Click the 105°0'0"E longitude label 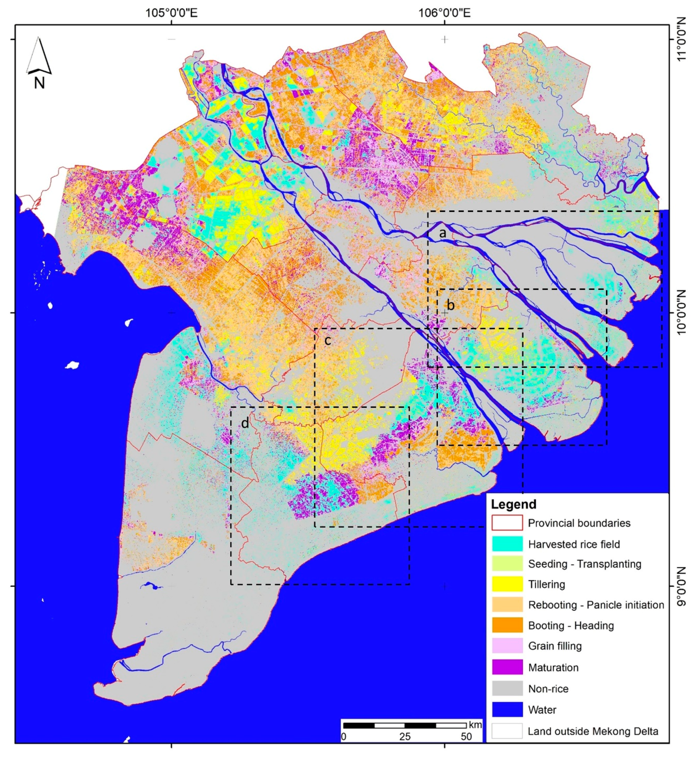point(172,13)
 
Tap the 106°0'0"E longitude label point(445,13)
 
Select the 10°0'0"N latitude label point(682,313)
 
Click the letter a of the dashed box point(443,234)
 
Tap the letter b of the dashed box point(451,305)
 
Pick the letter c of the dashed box point(328,341)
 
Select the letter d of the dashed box point(245,423)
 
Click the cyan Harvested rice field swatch point(507,544)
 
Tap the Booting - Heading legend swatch point(507,625)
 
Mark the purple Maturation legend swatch point(507,667)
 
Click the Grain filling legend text point(555,646)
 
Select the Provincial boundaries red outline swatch point(507,523)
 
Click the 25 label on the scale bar point(405,736)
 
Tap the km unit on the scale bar point(475,725)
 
